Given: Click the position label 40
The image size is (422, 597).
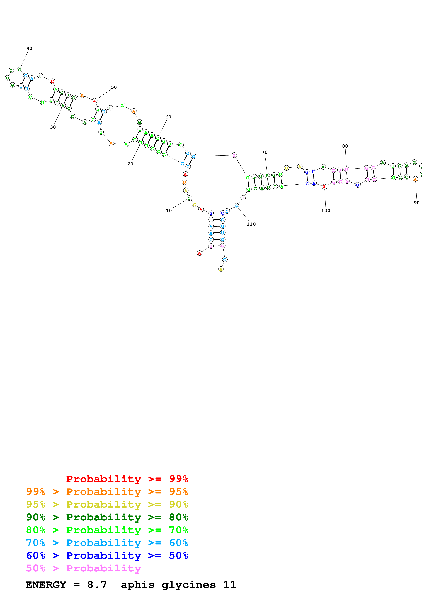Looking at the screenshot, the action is [29, 48].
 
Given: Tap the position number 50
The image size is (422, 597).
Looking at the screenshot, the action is [114, 87].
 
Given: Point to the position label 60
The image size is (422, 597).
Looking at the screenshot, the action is [169, 117].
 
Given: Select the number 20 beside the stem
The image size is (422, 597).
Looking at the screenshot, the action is [130, 164].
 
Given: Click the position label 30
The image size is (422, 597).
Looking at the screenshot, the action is [53, 127].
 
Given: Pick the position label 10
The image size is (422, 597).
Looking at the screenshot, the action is [169, 211].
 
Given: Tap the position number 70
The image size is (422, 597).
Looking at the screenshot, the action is [264, 152].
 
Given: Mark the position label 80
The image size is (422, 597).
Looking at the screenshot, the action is [345, 146].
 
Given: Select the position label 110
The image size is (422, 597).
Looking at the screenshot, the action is [251, 224].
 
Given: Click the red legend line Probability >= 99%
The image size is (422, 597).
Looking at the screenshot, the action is [127, 479].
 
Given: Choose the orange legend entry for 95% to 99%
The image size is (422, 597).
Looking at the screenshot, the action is [107, 492].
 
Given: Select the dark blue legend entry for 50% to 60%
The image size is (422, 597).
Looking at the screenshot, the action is [107, 555].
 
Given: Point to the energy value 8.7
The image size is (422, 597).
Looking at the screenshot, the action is [97, 585].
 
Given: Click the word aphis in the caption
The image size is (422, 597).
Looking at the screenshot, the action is [138, 585].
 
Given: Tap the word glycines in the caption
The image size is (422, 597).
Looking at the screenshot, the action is [188, 585].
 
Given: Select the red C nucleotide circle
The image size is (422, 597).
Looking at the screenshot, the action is [53, 81].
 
